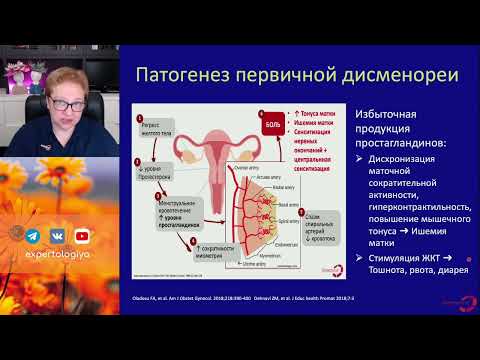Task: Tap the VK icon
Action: [58, 236]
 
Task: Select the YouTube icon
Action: [81, 236]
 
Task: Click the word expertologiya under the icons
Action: [59, 256]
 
